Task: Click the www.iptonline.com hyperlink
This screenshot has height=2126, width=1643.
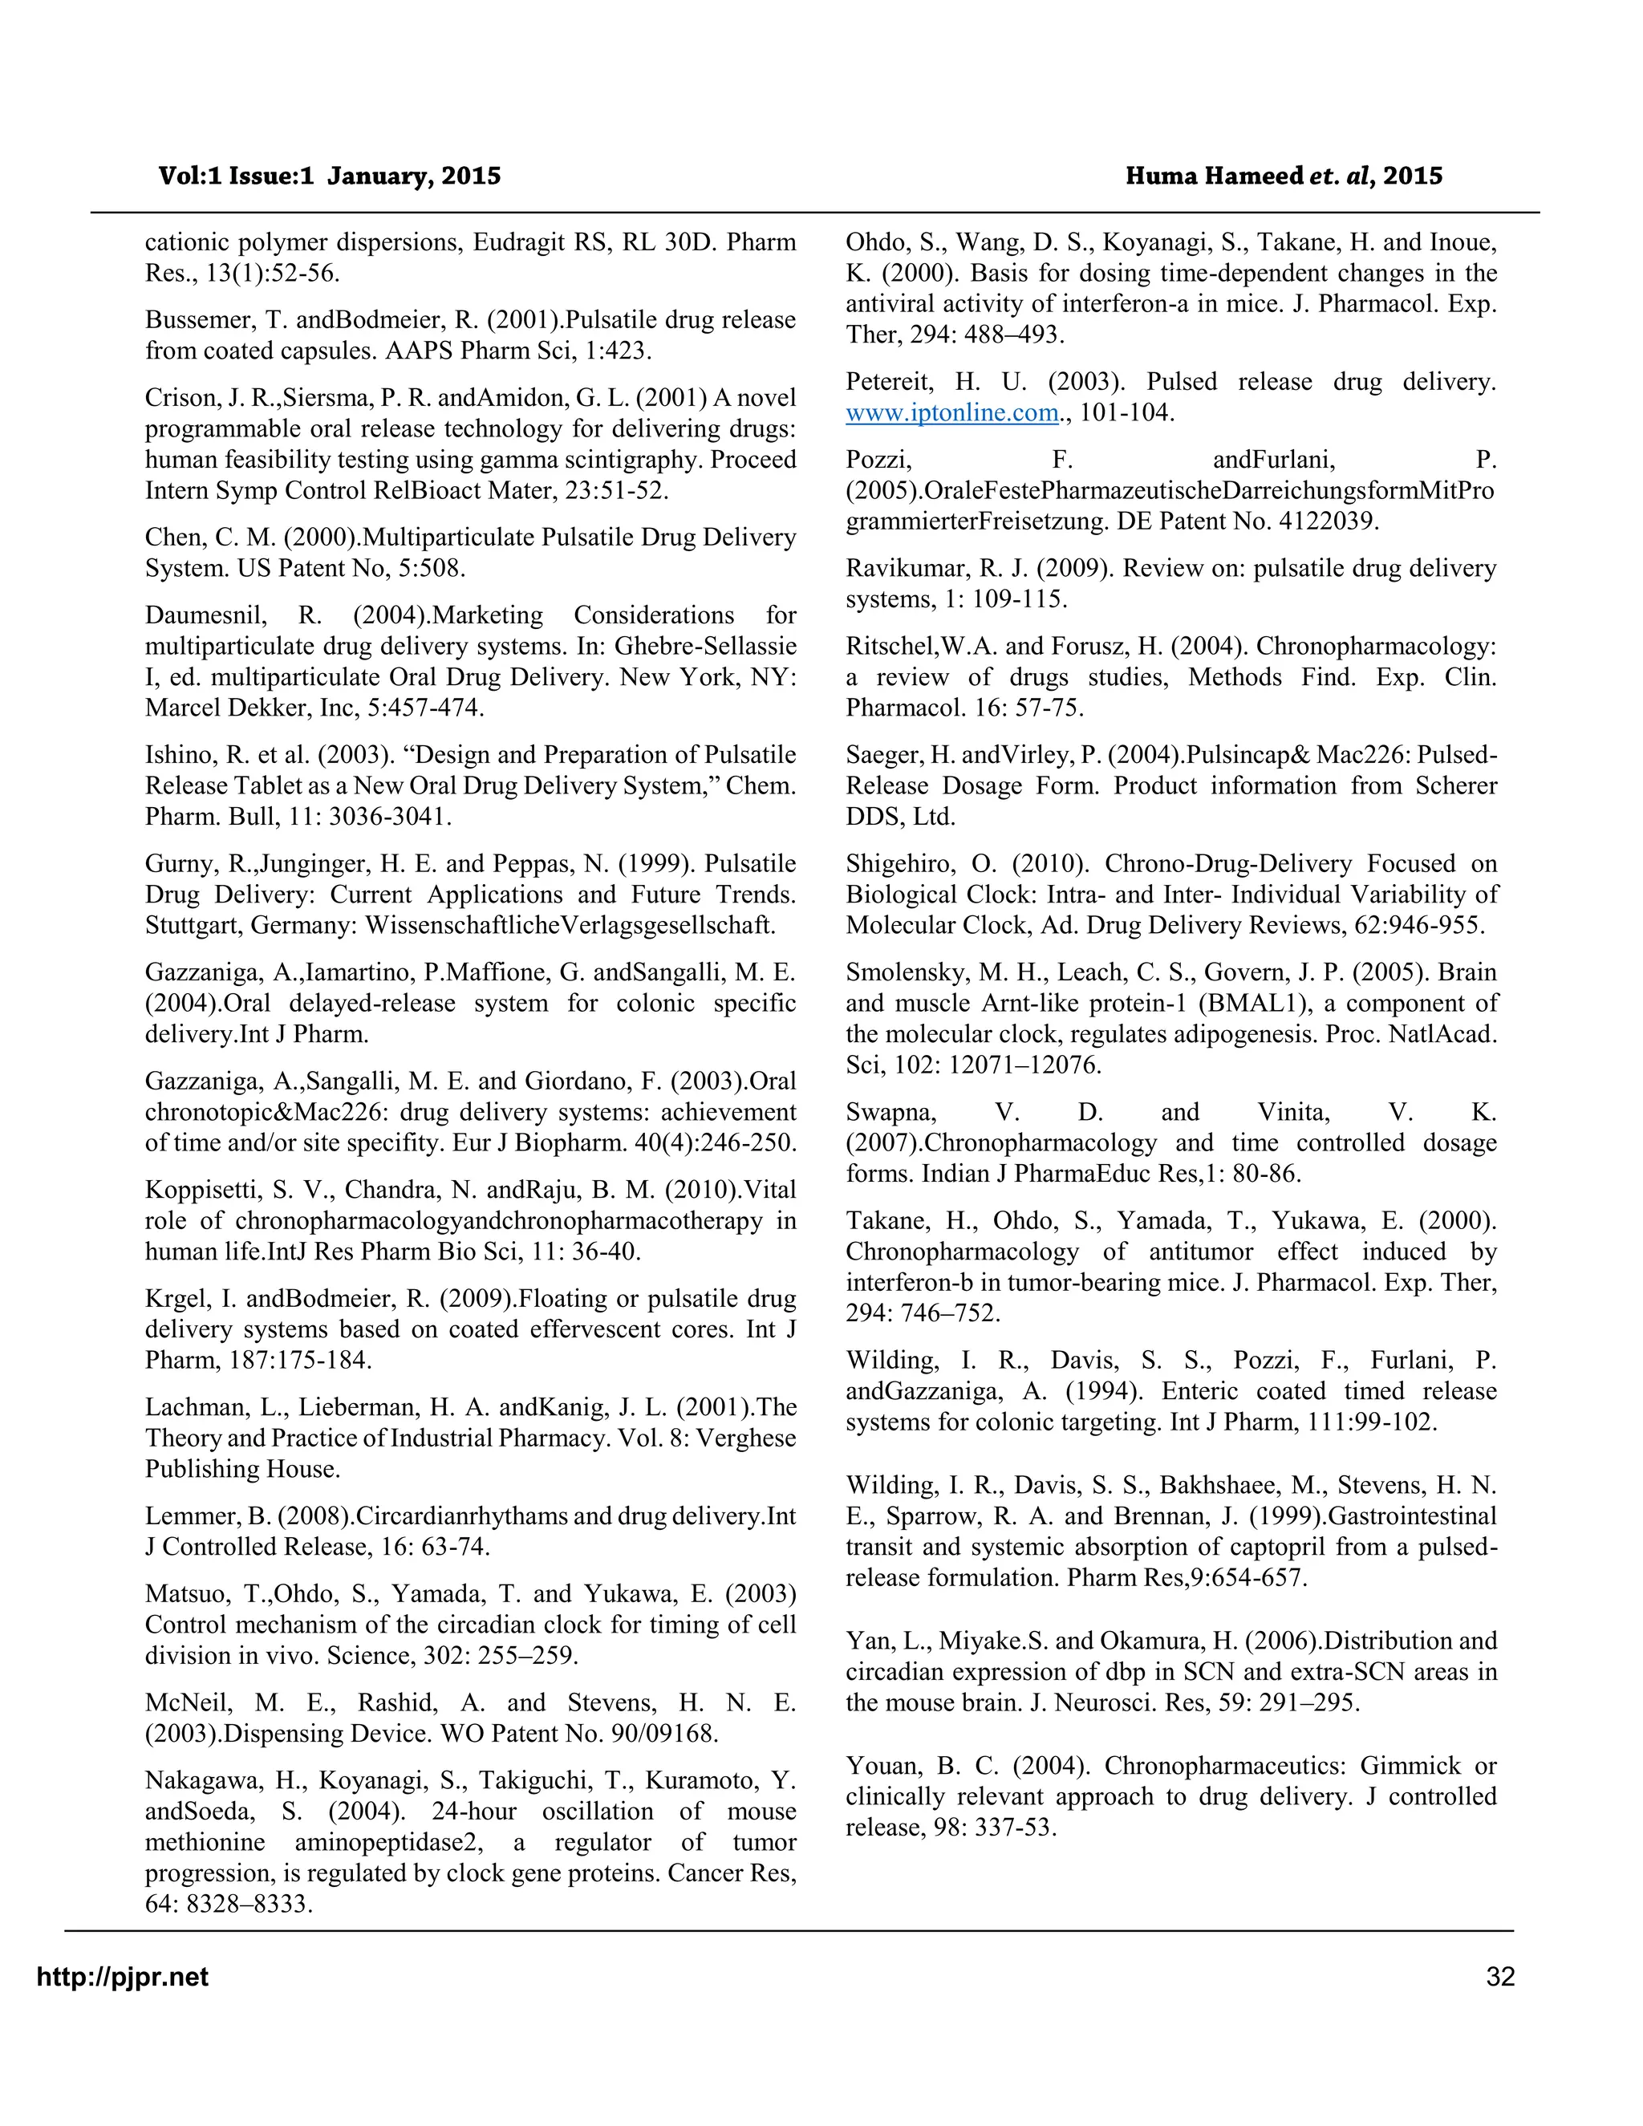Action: tap(951, 412)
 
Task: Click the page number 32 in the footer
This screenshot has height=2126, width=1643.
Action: tap(1500, 1976)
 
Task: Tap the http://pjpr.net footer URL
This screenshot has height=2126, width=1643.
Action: tap(123, 1976)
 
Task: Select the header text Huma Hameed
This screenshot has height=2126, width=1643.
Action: tap(1214, 176)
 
